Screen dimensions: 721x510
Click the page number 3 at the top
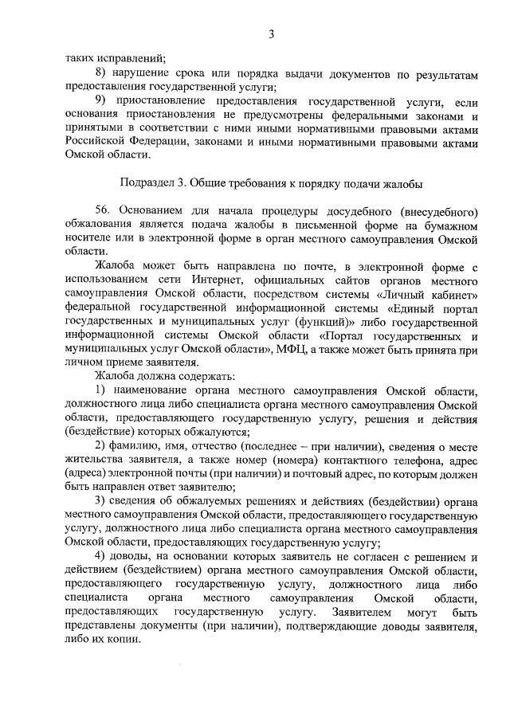pyautogui.click(x=271, y=33)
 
